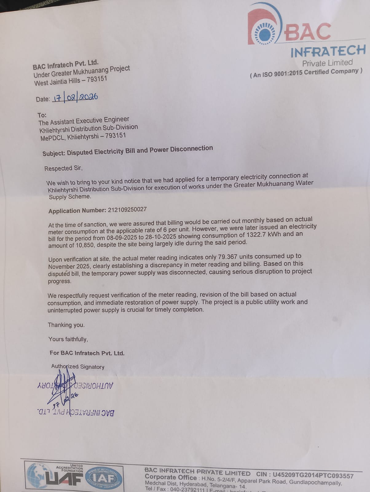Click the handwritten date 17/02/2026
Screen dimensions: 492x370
75,97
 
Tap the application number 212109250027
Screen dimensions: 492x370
127,210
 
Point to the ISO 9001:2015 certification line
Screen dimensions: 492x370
306,73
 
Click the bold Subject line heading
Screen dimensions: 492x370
128,151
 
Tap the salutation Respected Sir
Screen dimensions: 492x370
63,168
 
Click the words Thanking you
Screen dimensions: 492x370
66,325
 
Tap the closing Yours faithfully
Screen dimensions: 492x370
68,339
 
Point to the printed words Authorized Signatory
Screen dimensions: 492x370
78,367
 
